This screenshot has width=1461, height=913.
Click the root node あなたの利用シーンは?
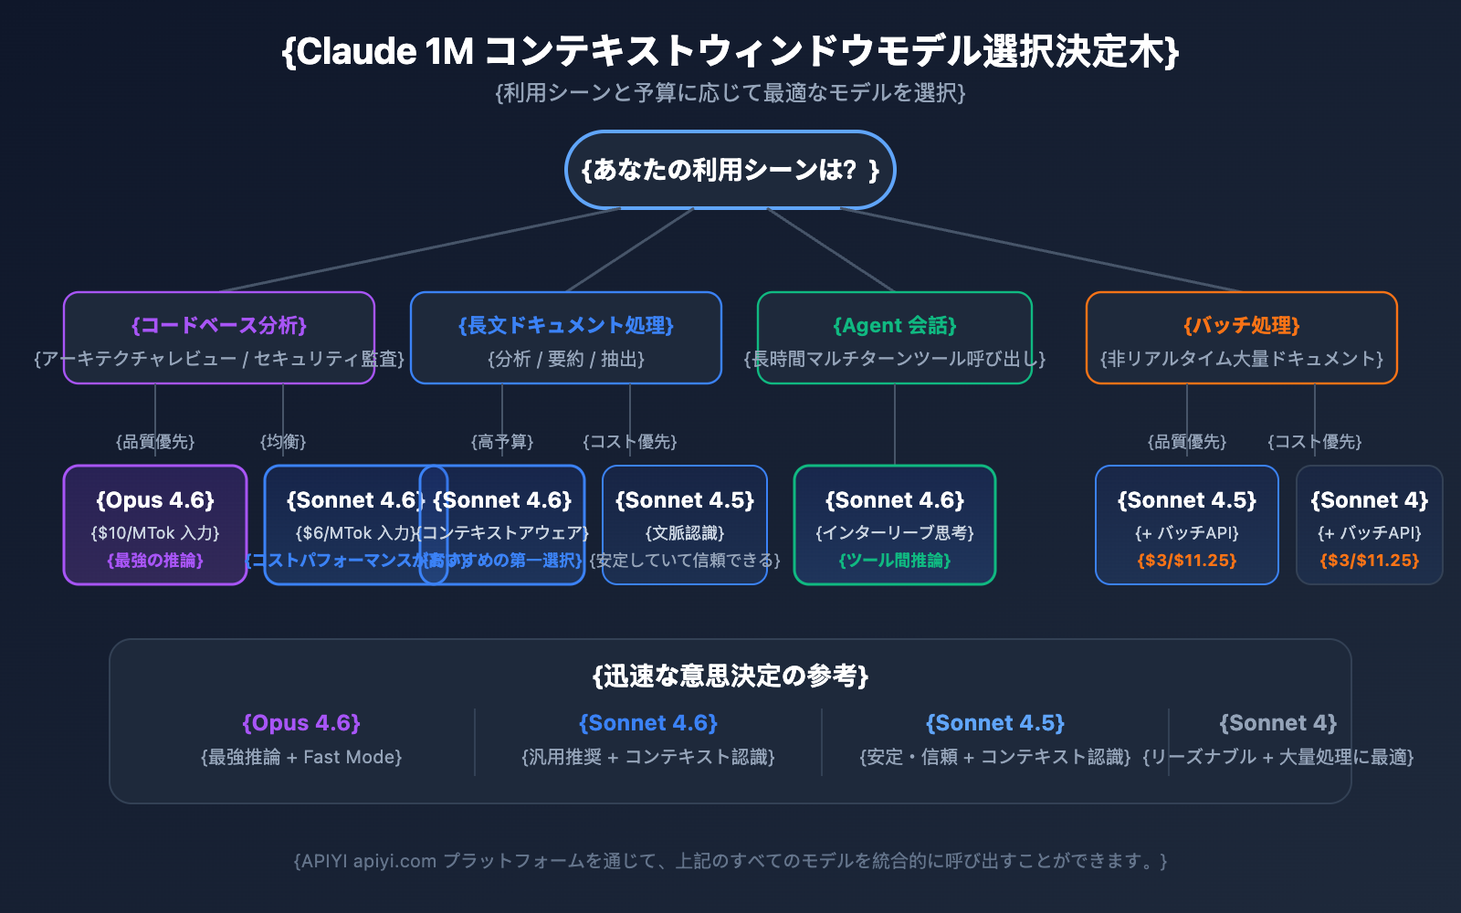[730, 170]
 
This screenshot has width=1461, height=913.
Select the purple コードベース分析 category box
[218, 338]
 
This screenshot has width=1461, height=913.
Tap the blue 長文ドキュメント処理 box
[565, 338]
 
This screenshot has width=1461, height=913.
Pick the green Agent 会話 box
[894, 338]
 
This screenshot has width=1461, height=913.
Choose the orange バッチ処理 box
[1241, 338]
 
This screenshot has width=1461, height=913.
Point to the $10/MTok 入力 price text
[155, 533]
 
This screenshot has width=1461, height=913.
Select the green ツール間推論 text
[894, 561]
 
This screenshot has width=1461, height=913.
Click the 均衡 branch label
[283, 442]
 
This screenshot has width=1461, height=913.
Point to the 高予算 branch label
[502, 442]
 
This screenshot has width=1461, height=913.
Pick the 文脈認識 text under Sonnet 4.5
[685, 533]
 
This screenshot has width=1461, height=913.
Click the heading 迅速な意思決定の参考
[730, 676]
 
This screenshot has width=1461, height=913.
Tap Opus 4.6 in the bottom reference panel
[301, 723]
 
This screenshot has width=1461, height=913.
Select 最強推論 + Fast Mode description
[301, 757]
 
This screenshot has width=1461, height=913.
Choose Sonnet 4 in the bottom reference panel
[1277, 723]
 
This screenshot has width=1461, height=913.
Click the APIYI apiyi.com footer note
[730, 861]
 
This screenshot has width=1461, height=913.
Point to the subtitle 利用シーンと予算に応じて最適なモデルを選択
[730, 93]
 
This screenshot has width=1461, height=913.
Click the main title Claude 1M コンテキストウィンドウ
[730, 51]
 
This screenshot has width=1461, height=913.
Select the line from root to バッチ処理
[1041, 249]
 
